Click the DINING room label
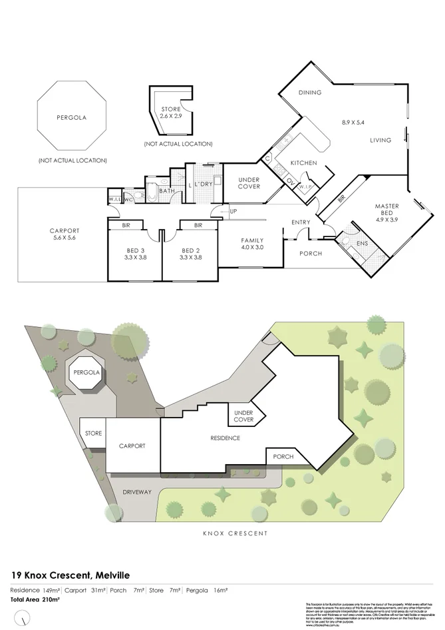[x=309, y=93]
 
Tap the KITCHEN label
[x=303, y=163]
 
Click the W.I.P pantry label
[x=307, y=186]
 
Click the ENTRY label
[x=301, y=222]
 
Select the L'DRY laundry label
[x=203, y=183]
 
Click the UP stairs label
[x=233, y=212]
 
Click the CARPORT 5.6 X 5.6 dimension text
[x=65, y=238]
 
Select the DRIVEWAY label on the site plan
[x=137, y=492]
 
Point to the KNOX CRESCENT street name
[x=234, y=533]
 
